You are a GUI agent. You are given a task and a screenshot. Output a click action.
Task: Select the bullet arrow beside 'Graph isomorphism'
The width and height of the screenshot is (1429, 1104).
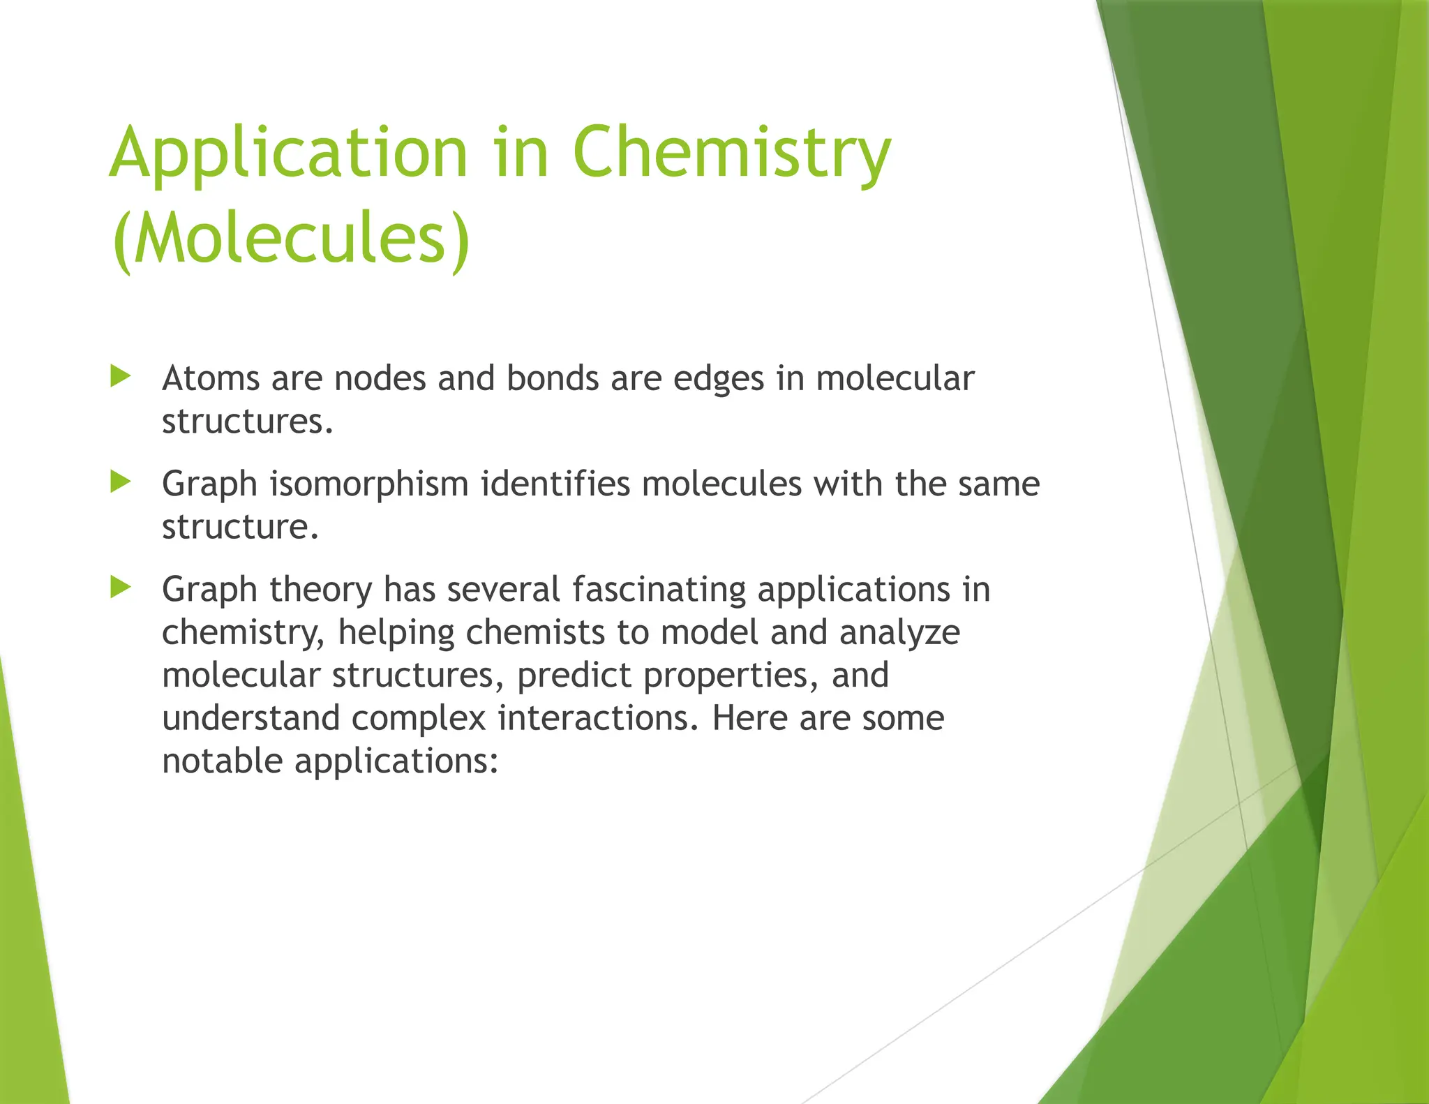121,482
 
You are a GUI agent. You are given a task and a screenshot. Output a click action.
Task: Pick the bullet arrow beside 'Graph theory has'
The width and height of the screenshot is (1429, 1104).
121,588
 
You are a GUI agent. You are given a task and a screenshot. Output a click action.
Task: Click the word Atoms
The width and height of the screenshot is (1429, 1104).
211,379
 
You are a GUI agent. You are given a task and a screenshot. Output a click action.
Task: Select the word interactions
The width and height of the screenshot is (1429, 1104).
598,718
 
